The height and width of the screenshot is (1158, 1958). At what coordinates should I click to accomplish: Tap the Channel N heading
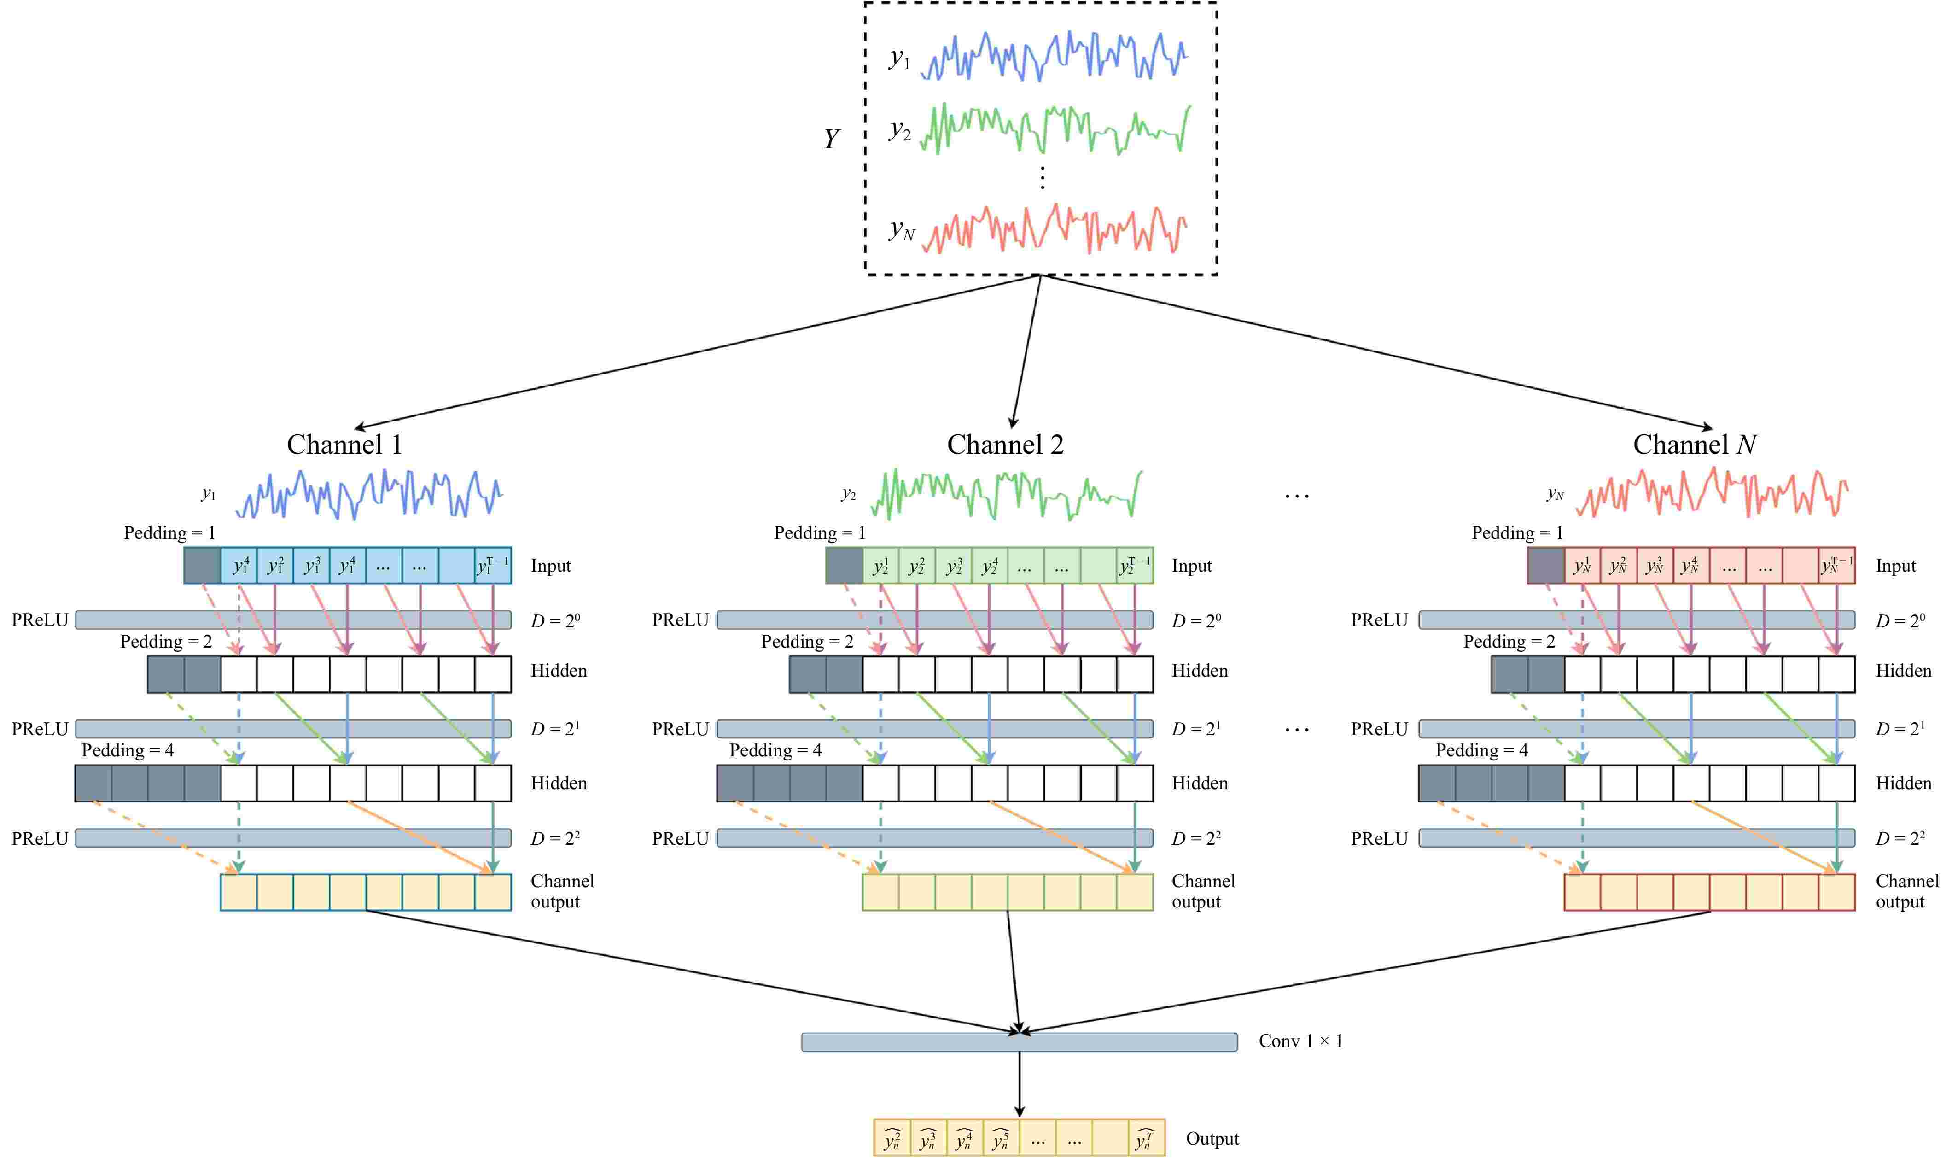tap(1694, 445)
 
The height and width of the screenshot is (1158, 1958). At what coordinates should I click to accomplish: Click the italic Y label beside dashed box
tap(832, 139)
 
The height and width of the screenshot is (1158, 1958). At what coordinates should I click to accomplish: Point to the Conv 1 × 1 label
tap(1300, 1041)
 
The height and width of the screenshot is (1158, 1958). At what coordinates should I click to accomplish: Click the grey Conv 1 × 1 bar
tap(1019, 1042)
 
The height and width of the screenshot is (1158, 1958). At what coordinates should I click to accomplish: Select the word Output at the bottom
tap(1212, 1139)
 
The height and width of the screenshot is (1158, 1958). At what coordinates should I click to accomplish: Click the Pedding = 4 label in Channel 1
tap(128, 751)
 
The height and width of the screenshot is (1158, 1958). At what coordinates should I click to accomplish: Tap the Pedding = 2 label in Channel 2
tap(807, 642)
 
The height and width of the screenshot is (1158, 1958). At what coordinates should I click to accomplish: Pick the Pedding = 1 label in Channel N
tap(1517, 533)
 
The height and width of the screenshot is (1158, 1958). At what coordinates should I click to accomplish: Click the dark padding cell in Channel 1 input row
tap(202, 566)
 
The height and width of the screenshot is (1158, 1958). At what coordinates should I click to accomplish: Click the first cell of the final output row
tap(892, 1139)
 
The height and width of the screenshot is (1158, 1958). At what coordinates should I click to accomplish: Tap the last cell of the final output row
tap(1146, 1139)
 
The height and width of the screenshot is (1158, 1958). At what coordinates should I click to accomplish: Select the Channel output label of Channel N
tap(1906, 891)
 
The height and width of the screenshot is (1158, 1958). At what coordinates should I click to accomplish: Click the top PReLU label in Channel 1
tap(40, 620)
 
